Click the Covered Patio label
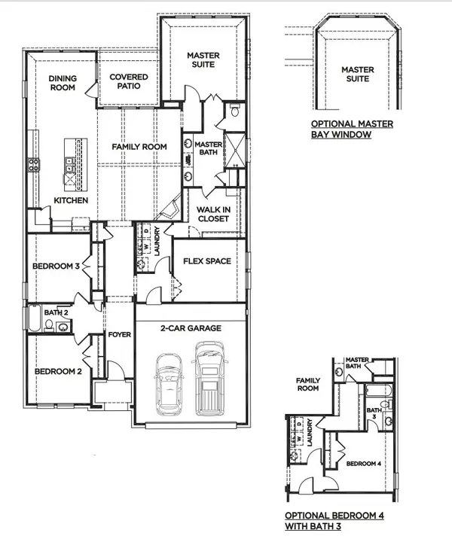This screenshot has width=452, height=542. coord(129,82)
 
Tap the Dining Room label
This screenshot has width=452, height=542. coord(63,83)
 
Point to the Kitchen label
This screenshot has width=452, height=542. coord(72,201)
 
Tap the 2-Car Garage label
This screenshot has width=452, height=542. coord(190,328)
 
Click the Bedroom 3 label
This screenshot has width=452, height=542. coord(56,267)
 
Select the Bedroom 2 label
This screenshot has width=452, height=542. coord(57,371)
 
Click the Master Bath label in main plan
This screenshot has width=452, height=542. coord(206,149)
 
